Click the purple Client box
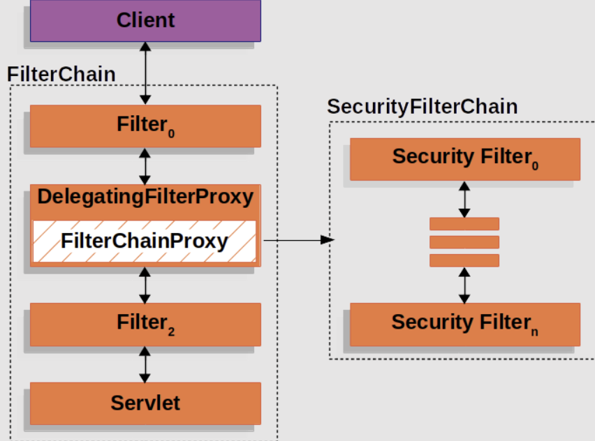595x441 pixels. tap(145, 20)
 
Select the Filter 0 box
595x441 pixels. tap(145, 126)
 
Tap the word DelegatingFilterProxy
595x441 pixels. tap(145, 197)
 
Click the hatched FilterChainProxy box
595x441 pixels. tap(145, 241)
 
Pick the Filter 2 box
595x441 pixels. tap(145, 324)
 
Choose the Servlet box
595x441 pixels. tap(145, 403)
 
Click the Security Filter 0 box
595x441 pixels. tap(465, 159)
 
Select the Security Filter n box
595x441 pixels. tap(465, 324)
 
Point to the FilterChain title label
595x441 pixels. tap(61, 74)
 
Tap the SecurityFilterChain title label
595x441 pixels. tap(423, 107)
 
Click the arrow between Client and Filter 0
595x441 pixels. tap(145, 73)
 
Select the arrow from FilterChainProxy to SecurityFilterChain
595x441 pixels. tap(299, 240)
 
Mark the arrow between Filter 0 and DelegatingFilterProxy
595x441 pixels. tap(145, 167)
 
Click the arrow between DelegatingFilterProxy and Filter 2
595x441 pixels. tap(145, 285)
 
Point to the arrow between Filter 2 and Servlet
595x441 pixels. tap(145, 364)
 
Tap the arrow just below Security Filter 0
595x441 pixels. tap(464, 200)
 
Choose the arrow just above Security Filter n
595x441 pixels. tap(464, 285)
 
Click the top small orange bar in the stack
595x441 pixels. tap(464, 224)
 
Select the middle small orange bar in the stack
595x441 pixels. tap(464, 242)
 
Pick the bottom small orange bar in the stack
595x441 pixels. tap(464, 260)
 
